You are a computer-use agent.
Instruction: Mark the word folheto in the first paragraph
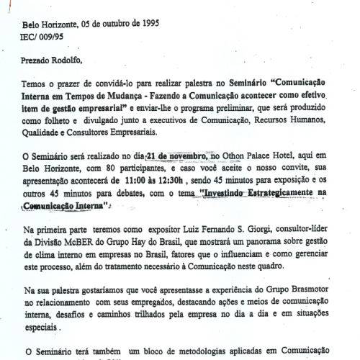click(72, 117)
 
